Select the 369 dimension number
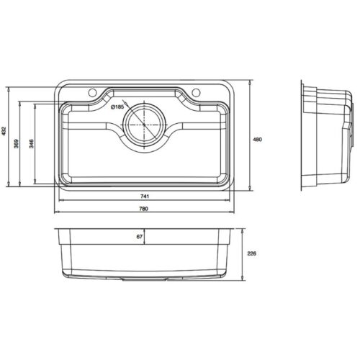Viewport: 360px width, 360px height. tap(18, 144)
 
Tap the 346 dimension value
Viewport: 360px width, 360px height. tap(32, 144)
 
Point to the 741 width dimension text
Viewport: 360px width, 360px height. tap(144, 197)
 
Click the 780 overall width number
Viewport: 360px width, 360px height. tap(144, 209)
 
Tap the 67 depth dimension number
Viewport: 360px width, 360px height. tap(141, 235)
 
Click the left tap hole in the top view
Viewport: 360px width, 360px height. tap(94, 94)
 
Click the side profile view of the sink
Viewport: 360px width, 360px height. tap(325, 137)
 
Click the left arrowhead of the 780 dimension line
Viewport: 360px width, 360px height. tap(57, 212)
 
